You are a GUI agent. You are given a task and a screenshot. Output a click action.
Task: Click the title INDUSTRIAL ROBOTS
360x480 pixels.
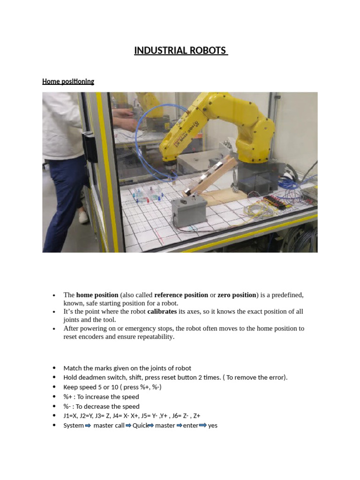tap(181, 51)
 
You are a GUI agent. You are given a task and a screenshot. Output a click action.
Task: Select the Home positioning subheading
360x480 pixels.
tap(68, 82)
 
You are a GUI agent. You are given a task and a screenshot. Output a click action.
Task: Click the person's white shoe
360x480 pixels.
tap(83, 217)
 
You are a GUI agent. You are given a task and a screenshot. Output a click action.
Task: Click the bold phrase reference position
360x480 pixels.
tap(181, 295)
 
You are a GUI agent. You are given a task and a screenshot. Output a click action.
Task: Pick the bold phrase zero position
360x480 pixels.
tap(237, 295)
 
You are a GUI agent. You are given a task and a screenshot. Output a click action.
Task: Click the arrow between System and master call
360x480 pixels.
tap(88, 426)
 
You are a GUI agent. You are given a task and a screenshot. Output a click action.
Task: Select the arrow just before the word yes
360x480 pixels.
tap(202, 426)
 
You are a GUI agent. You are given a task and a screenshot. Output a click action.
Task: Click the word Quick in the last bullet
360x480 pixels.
tap(140, 426)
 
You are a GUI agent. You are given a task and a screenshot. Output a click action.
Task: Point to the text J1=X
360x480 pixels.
tap(72, 416)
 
